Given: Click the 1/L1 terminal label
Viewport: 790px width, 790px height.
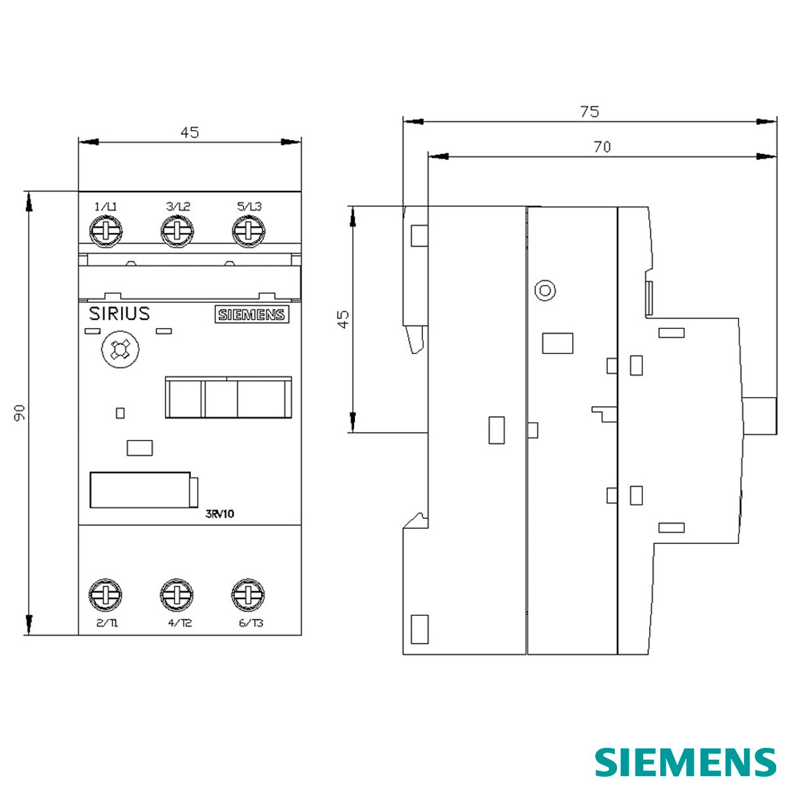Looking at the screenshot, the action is pos(106,207).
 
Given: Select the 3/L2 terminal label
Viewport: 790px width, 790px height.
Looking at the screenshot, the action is pos(178,207).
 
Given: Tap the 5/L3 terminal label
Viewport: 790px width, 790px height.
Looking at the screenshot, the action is pos(250,207).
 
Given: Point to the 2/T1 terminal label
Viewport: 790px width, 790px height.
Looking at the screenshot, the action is pos(107,623).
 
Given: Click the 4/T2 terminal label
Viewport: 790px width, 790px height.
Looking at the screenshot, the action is pos(180,623).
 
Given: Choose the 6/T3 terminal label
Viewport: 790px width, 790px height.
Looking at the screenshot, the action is pos(251,623).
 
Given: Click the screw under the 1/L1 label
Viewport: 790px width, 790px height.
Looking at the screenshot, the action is pos(106,232).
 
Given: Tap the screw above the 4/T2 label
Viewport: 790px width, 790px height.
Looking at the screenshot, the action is pos(176,595).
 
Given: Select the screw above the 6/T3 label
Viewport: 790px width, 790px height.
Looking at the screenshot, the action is pos(248,595).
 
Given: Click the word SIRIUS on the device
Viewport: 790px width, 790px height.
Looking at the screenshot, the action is pos(119,314).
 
